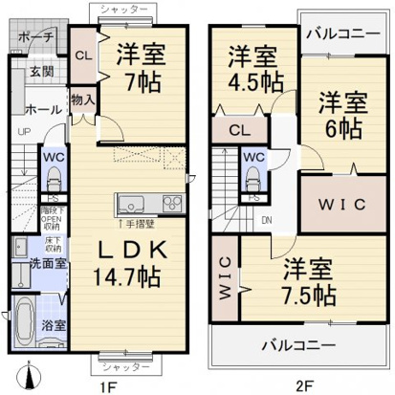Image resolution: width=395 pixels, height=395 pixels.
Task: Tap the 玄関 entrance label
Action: [x=39, y=71]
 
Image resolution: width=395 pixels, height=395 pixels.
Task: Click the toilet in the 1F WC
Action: [x=53, y=175]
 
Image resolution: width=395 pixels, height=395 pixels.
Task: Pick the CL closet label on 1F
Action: [x=81, y=54]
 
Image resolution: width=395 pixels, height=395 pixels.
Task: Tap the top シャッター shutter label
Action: [x=123, y=9]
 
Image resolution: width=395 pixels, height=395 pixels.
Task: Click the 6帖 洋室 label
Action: [x=341, y=114]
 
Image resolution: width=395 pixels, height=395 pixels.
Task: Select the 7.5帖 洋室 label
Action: [x=303, y=279]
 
